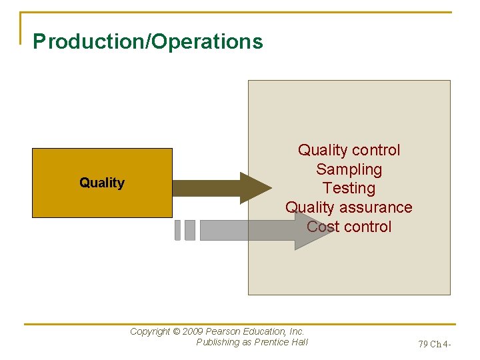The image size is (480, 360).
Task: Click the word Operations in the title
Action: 208,41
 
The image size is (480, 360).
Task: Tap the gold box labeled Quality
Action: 102,183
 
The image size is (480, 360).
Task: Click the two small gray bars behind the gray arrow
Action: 185,230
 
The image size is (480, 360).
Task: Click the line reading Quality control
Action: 349,150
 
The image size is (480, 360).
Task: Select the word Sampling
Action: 349,169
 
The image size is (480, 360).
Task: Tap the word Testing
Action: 349,188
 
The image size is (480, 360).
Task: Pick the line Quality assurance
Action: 349,207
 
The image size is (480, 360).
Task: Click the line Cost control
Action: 349,227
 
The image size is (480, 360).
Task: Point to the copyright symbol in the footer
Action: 176,331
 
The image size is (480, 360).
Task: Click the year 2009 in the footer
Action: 193,331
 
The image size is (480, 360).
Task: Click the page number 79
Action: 423,345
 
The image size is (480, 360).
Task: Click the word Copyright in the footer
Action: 150,331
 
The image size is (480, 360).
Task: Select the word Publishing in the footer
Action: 217,342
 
